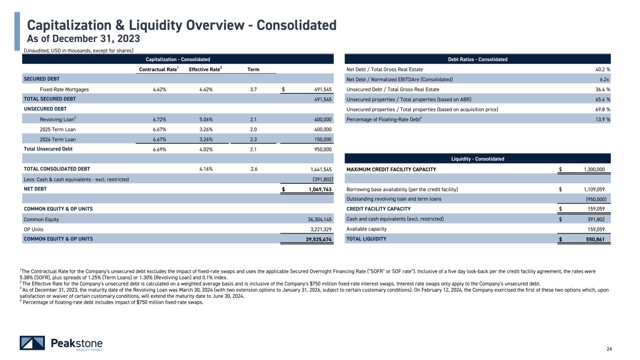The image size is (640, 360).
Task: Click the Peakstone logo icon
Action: coord(32,343)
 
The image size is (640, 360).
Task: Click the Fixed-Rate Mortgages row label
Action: coord(64,89)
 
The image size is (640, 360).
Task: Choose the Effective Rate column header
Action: coord(205,70)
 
